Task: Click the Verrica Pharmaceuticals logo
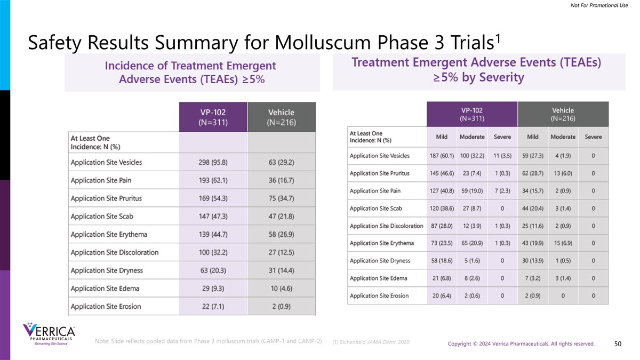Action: coord(49,335)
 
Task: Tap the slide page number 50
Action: coord(617,343)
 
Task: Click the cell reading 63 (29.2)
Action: coord(281,162)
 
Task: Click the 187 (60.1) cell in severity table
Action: coord(442,156)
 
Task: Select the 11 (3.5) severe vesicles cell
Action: coord(502,156)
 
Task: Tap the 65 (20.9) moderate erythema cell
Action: coord(472,243)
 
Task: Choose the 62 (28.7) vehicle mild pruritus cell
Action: coord(533,173)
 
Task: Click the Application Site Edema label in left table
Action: coord(105,289)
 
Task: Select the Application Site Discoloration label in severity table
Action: coord(386,226)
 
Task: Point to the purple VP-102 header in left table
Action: coord(213,117)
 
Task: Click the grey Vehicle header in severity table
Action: coord(563,114)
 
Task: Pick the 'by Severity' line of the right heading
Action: coord(478,78)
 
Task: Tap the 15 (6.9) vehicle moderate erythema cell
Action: coord(563,243)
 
